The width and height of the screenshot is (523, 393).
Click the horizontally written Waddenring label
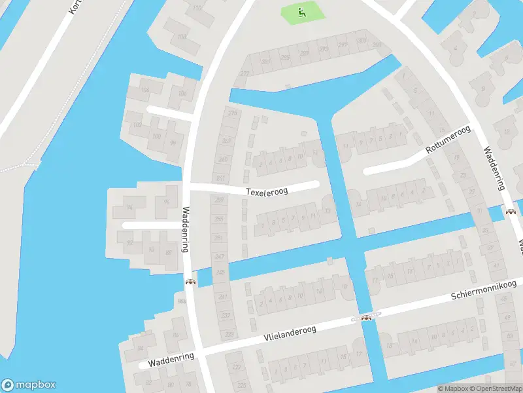point(171,359)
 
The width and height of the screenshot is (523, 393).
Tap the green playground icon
point(301,10)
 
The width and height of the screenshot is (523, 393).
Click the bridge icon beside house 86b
point(190,282)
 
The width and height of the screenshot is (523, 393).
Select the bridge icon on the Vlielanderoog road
point(367,318)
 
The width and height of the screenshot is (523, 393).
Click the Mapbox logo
point(29,385)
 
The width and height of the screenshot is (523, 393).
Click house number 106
point(182,93)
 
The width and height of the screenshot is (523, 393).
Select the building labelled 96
point(166,202)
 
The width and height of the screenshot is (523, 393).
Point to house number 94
point(129,208)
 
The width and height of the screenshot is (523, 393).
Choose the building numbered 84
point(140,348)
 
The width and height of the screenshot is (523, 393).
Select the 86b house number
point(180,300)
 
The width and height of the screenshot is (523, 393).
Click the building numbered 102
point(137,124)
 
